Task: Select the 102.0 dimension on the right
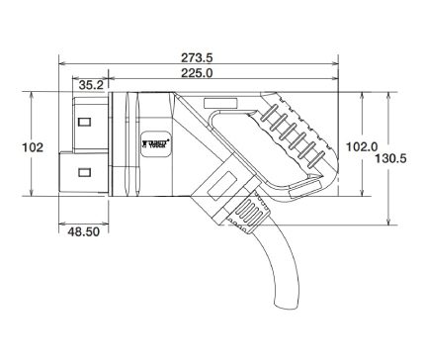pos(366,146)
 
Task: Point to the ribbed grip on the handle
pos(297,134)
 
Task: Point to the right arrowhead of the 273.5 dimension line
pos(338,55)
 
